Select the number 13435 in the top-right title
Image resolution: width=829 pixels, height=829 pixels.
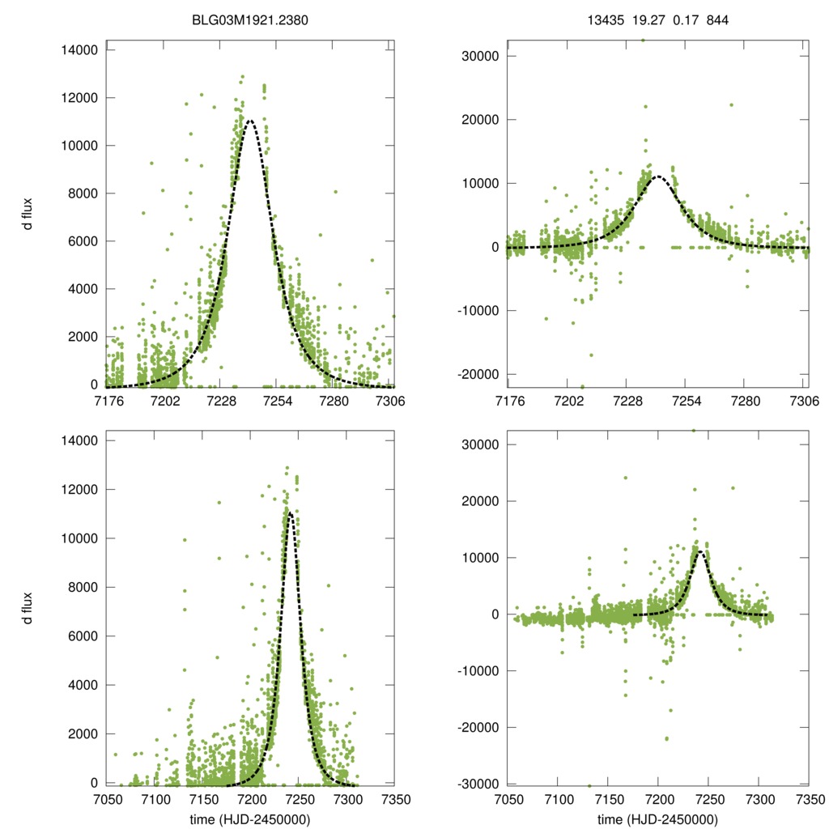coord(604,20)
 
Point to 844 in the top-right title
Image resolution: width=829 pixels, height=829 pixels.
coord(718,20)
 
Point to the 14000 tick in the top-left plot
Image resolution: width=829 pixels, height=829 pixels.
coord(79,50)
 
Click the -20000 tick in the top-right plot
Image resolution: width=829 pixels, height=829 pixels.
coord(478,374)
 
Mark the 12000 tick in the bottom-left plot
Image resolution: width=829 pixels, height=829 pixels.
coord(79,490)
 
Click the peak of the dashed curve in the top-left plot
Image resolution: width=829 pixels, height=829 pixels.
coord(249,121)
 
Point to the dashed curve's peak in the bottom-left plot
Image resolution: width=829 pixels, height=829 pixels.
coord(289,512)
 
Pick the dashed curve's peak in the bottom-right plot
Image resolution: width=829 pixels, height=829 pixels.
coord(701,552)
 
